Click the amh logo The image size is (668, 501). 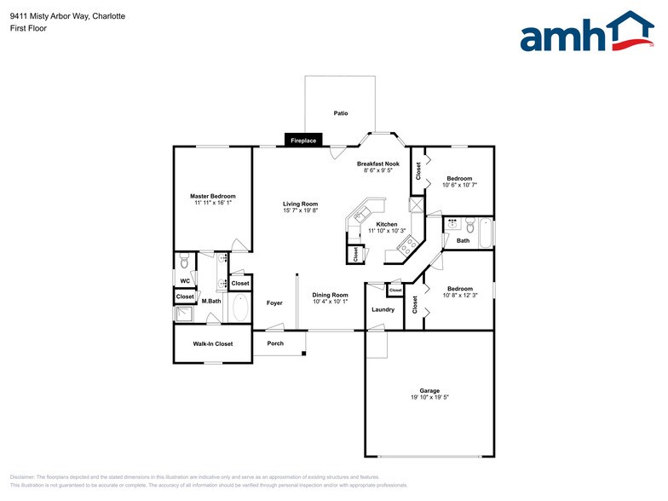[x=587, y=33]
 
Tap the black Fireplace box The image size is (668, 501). [x=303, y=141]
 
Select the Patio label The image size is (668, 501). [x=340, y=113]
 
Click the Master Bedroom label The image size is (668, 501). [x=212, y=196]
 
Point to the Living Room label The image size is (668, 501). [x=300, y=204]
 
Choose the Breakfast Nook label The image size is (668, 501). [x=377, y=164]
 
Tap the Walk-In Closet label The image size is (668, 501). [x=212, y=343]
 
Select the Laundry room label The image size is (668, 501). [x=383, y=309]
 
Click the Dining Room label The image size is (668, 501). [x=330, y=295]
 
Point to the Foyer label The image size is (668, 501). [x=274, y=302]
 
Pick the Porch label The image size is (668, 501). [x=275, y=343]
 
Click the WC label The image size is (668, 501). [x=184, y=280]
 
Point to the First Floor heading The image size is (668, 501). [x=28, y=28]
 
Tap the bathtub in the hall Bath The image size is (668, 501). [x=486, y=232]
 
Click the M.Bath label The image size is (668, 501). [x=210, y=301]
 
